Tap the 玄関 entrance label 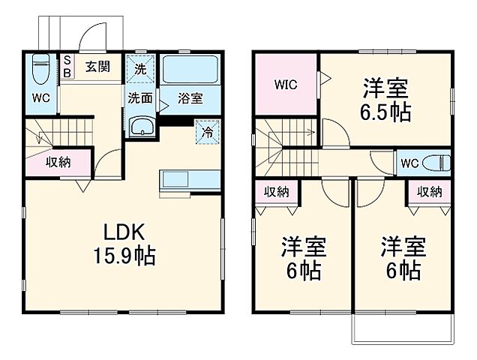pyautogui.click(x=97, y=67)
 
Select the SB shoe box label pyautogui.click(x=67, y=67)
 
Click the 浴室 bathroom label pyautogui.click(x=190, y=97)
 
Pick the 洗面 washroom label pyautogui.click(x=139, y=97)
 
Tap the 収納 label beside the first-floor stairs pyautogui.click(x=58, y=162)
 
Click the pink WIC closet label pyautogui.click(x=285, y=84)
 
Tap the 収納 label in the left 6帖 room pyautogui.click(x=275, y=192)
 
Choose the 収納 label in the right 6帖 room pyautogui.click(x=429, y=192)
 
